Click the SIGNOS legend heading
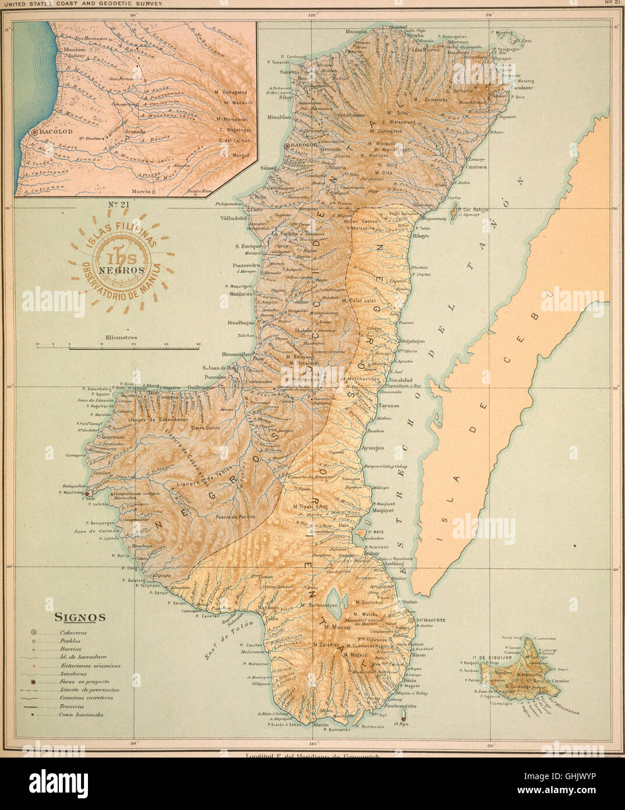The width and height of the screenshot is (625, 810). point(80,617)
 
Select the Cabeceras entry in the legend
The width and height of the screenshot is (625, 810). point(73,632)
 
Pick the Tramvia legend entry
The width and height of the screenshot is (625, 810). point(72,706)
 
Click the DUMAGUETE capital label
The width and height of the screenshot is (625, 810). point(431,621)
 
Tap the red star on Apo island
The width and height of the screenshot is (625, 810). point(402,719)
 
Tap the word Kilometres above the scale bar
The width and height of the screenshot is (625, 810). point(121,337)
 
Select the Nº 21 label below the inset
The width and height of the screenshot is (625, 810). point(118,205)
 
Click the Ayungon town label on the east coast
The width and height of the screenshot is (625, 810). point(372,448)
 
